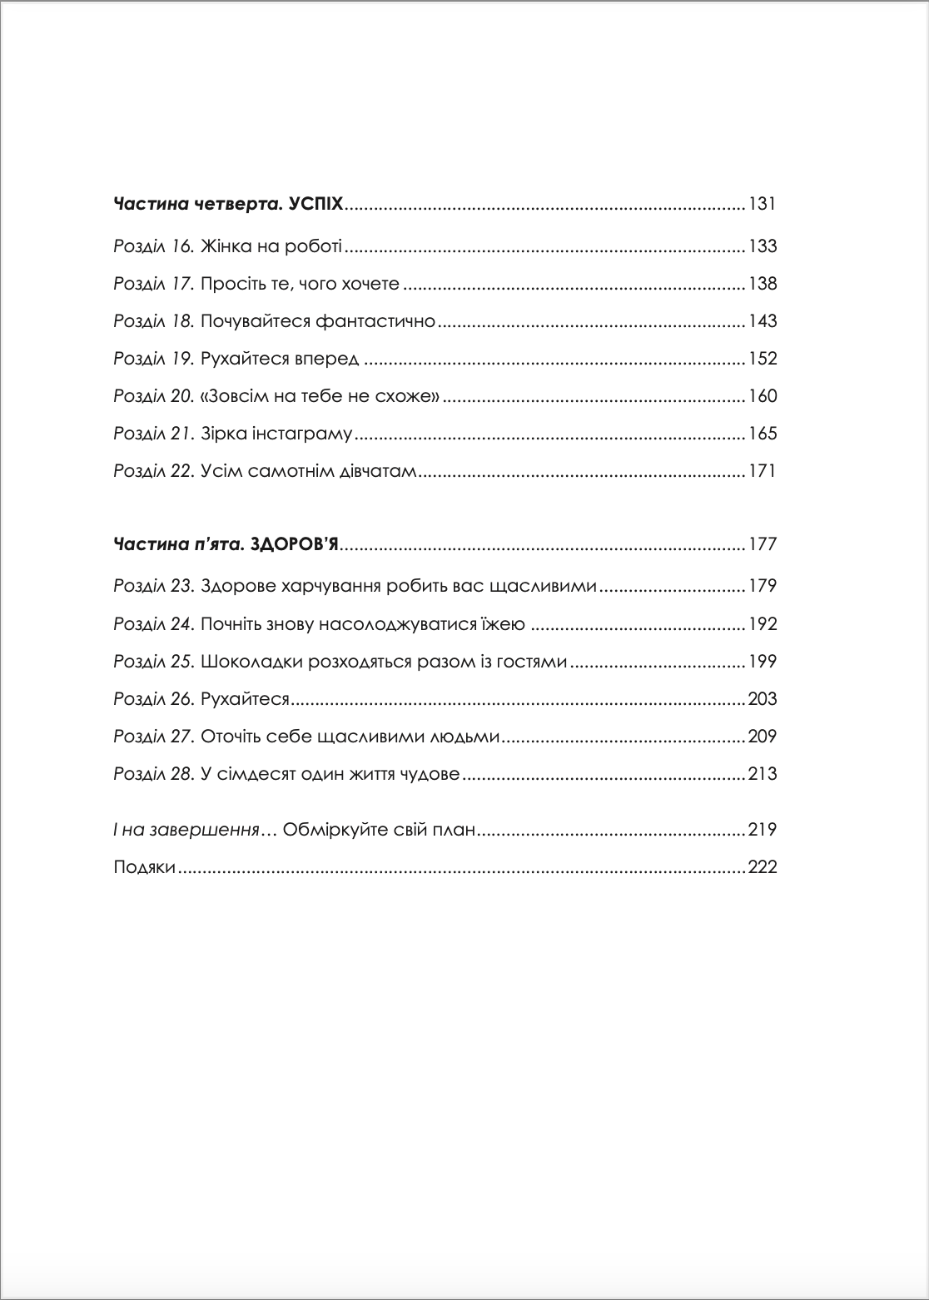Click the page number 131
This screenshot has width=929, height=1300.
tap(763, 204)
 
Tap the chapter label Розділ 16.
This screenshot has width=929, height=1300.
tap(153, 246)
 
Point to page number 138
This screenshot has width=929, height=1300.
tap(763, 284)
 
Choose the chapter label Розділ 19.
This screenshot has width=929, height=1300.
tap(153, 359)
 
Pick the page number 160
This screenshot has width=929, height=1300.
tap(763, 396)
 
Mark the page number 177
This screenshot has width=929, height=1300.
tap(763, 545)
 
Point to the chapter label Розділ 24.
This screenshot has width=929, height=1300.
tap(154, 624)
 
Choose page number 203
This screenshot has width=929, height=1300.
tap(763, 699)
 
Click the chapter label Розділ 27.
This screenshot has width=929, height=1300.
tap(154, 737)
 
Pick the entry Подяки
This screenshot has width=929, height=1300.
tap(144, 867)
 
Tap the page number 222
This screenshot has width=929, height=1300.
tap(763, 867)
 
